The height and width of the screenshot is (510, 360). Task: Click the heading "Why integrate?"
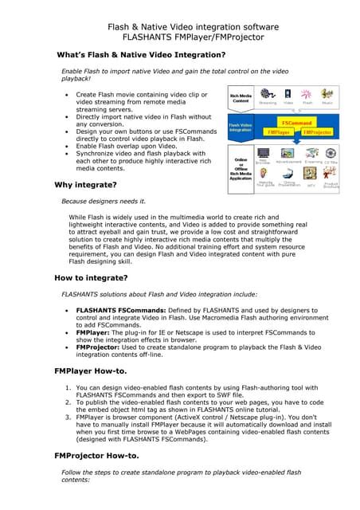click(85, 185)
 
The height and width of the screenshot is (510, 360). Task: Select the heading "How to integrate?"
click(91, 278)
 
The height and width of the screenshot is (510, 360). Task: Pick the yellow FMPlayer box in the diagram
click(279, 132)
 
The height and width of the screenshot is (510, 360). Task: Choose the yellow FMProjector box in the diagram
click(317, 132)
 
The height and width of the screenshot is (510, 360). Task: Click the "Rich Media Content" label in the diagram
click(241, 99)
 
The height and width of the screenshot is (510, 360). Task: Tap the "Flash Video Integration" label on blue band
click(241, 127)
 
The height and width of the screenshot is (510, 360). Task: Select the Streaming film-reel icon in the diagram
click(267, 95)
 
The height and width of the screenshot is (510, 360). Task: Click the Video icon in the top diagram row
click(288, 95)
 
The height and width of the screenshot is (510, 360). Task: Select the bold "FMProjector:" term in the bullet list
click(103, 347)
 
